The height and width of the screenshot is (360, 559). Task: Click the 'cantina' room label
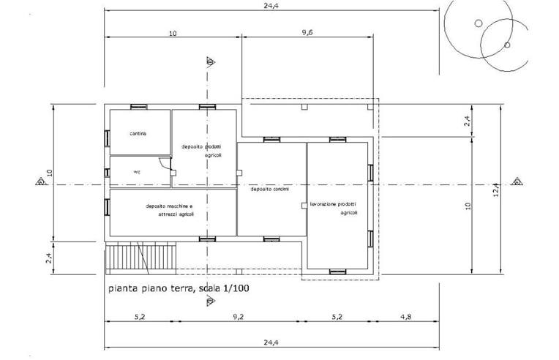click(x=138, y=134)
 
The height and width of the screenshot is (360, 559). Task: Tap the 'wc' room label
click(x=136, y=173)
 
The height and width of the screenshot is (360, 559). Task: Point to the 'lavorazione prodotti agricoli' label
click(x=334, y=208)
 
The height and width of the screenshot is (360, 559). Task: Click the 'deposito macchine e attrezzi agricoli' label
click(x=169, y=211)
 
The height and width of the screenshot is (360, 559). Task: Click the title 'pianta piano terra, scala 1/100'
click(x=179, y=289)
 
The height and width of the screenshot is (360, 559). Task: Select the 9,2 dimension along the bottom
click(x=238, y=316)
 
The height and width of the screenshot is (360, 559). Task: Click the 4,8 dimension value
click(x=406, y=316)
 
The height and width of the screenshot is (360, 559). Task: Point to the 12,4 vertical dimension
click(x=496, y=190)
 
